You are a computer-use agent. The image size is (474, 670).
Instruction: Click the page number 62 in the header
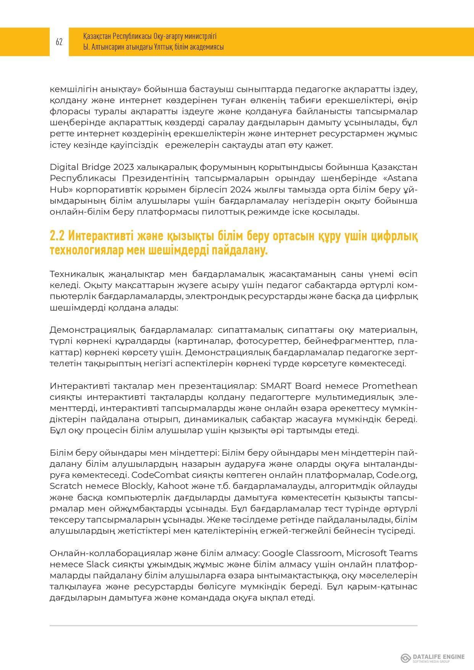pos(59,42)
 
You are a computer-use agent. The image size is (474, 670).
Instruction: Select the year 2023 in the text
pos(123,167)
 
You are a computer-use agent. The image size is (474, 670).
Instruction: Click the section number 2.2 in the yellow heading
pos(57,237)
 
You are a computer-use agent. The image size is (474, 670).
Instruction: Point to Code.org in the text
pos(397,475)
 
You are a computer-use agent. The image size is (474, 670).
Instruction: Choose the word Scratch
pos(66,486)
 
